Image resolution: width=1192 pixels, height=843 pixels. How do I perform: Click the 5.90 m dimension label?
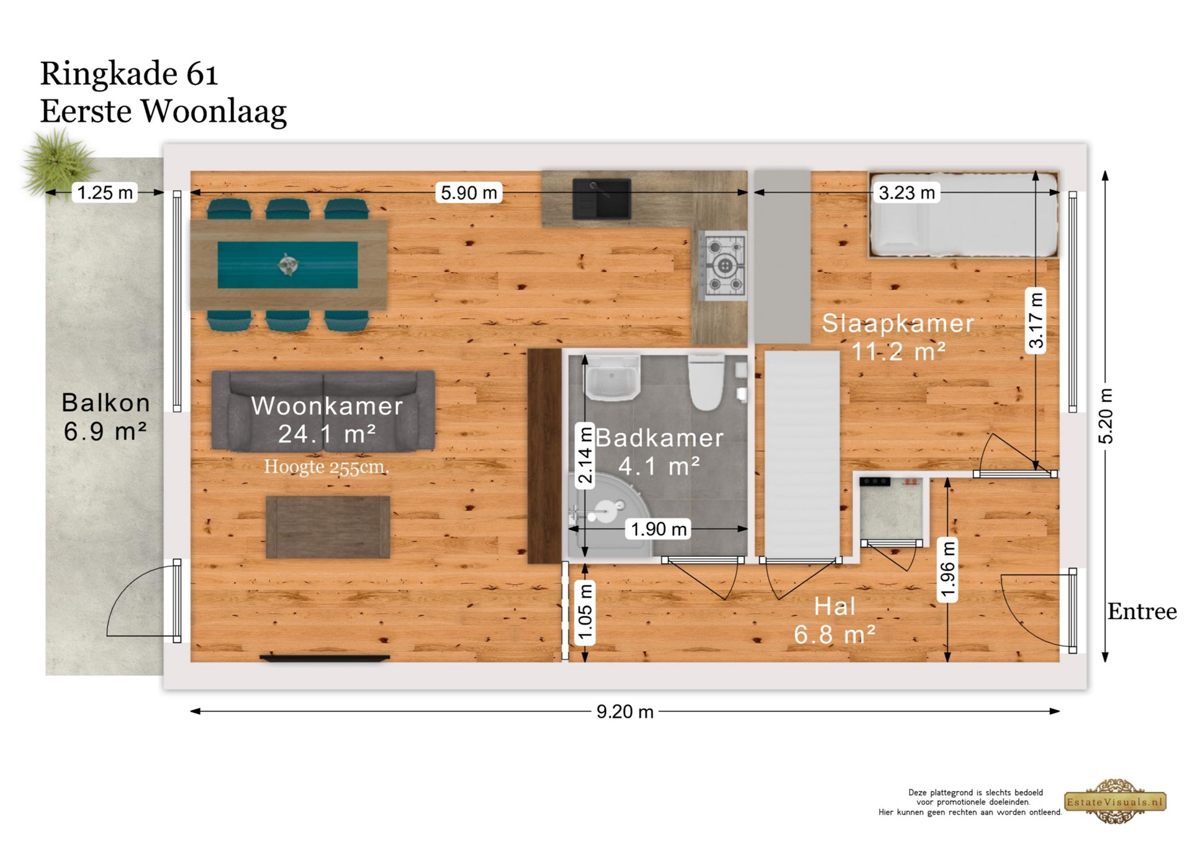tap(469, 192)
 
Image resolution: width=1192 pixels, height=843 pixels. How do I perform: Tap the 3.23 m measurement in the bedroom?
tap(906, 192)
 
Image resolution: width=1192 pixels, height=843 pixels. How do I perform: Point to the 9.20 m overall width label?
tap(625, 711)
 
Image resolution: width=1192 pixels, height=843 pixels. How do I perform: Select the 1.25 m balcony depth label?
tap(105, 192)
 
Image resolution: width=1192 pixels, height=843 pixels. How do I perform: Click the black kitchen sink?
tap(602, 199)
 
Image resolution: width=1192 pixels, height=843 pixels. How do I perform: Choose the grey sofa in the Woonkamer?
tap(323, 410)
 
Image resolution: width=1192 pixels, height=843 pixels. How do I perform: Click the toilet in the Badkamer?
tap(706, 382)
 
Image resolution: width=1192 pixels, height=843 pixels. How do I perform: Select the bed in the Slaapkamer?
tap(964, 214)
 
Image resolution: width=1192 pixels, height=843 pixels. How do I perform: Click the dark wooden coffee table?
tap(328, 527)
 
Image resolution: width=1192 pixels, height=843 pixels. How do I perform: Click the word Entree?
tap(1142, 612)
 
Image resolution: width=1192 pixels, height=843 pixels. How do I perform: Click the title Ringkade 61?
tap(129, 74)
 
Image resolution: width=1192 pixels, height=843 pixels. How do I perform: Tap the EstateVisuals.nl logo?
tap(1115, 801)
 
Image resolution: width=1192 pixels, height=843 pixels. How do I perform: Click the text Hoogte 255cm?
tap(327, 467)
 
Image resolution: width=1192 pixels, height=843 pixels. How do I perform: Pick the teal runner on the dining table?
tap(287, 265)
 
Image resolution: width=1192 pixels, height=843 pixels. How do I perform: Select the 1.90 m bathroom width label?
tap(659, 529)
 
